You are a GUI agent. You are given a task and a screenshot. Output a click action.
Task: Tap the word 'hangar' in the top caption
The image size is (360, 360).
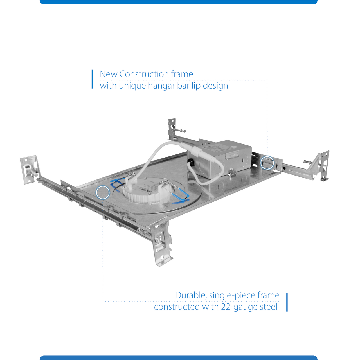click(161, 85)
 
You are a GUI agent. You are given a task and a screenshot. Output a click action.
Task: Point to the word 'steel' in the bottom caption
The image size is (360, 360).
click(269, 307)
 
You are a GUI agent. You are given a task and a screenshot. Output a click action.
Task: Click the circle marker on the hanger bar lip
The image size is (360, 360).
click(267, 163)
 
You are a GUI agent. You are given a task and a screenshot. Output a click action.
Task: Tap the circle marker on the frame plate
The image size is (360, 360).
click(103, 192)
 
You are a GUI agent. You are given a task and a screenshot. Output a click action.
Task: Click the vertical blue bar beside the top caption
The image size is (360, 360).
click(92, 79)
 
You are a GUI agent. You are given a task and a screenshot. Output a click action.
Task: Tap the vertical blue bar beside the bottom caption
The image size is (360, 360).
click(287, 302)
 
